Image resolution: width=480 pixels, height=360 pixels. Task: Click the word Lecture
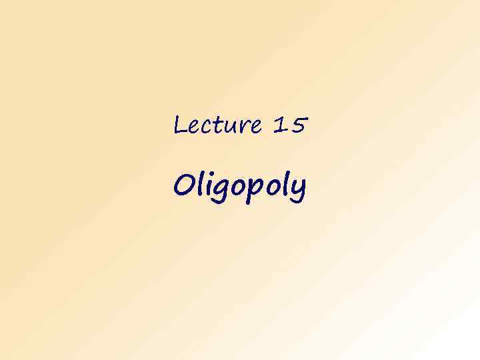(x=217, y=125)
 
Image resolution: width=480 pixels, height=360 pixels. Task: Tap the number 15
(x=289, y=124)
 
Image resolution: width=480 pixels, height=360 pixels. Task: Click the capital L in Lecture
(x=179, y=124)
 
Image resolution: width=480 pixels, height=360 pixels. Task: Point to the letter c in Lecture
(x=203, y=126)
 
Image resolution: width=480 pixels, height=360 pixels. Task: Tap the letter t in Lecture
(x=215, y=124)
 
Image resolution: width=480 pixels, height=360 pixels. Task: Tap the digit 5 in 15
(x=297, y=124)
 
